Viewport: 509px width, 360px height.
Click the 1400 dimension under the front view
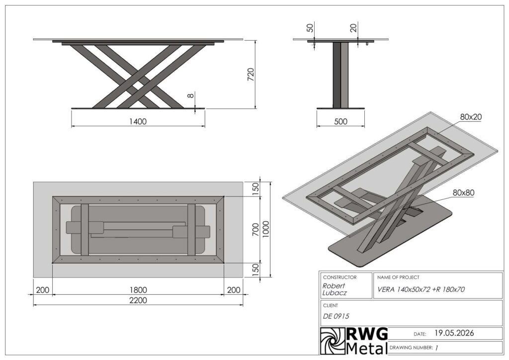[138, 121]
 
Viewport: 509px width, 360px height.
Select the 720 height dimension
[251, 75]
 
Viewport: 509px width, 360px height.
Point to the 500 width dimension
[340, 121]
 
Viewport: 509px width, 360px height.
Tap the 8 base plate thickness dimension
[191, 95]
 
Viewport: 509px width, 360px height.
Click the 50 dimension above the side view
[310, 28]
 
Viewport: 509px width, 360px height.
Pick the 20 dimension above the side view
[353, 27]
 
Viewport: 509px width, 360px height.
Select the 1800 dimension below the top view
[138, 290]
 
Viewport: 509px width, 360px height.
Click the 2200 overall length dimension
[138, 300]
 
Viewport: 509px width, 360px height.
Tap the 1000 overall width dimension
[266, 229]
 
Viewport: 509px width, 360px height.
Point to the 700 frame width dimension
[256, 230]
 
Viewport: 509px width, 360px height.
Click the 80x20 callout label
[471, 117]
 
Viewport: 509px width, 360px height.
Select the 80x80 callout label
[464, 192]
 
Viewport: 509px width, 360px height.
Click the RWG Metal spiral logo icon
[333, 341]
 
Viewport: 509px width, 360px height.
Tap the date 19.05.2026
[454, 333]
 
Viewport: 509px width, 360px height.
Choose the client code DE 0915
[336, 316]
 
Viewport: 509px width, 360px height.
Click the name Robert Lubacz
[335, 289]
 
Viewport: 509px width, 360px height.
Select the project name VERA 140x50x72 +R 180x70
[421, 289]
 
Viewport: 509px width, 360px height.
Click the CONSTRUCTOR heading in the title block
[339, 277]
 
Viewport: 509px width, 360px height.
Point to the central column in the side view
[340, 75]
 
